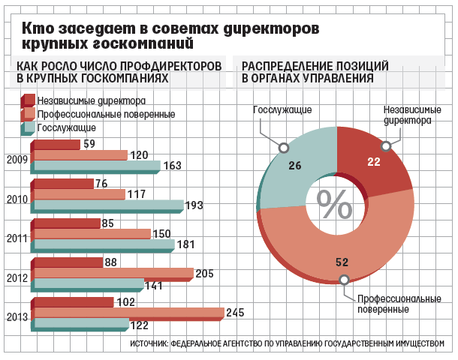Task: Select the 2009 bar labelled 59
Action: [x=56, y=145]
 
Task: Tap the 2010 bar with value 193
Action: [x=108, y=205]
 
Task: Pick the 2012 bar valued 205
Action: [x=113, y=273]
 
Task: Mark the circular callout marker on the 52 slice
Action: [x=344, y=280]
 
